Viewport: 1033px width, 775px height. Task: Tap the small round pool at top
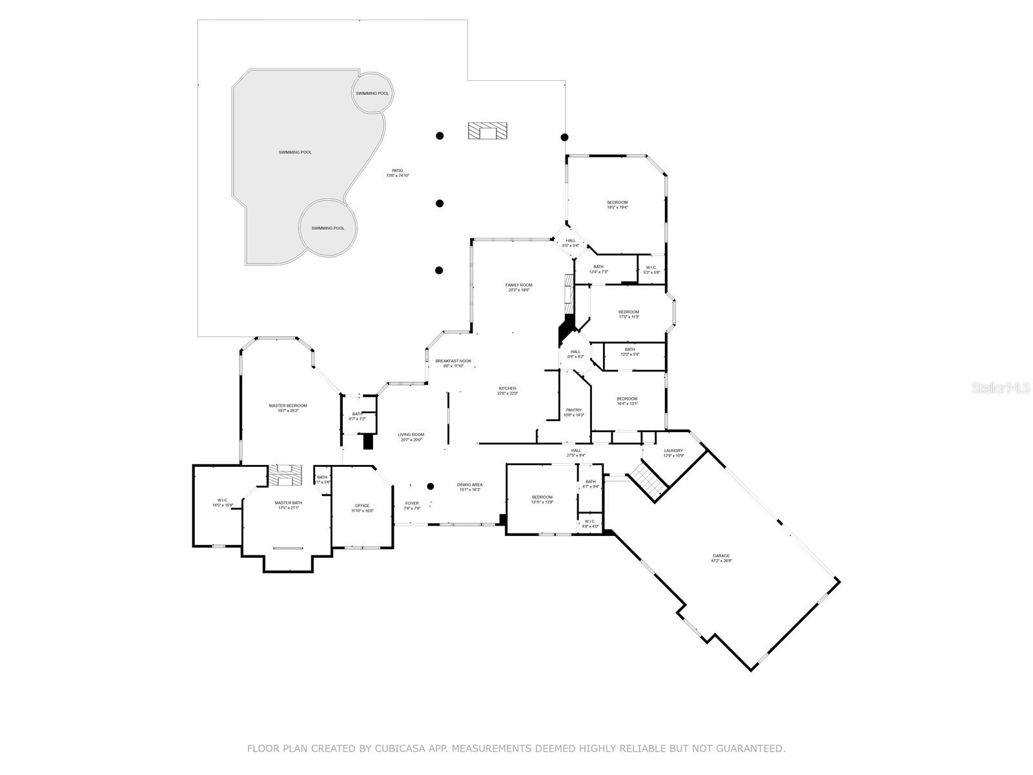[373, 93]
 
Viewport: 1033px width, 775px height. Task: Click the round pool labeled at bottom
[327, 228]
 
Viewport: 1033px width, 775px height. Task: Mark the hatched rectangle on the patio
[487, 131]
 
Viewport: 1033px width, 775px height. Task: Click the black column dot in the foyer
[431, 486]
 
